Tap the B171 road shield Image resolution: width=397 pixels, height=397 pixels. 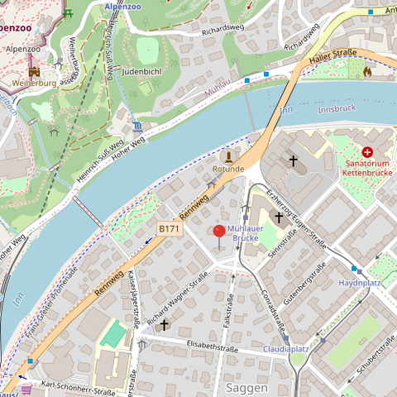click(169, 228)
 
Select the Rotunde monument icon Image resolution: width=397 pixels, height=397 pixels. click(229, 155)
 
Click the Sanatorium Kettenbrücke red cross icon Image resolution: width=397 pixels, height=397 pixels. click(367, 152)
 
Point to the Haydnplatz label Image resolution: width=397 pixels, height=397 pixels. click(359, 283)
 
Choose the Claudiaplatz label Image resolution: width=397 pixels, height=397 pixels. click(285, 349)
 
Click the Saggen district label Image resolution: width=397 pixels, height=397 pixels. click(245, 387)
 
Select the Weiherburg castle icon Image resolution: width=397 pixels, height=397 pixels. click(34, 72)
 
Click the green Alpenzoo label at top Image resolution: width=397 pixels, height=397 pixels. click(122, 6)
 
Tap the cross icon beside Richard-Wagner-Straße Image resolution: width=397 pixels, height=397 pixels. click(164, 325)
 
